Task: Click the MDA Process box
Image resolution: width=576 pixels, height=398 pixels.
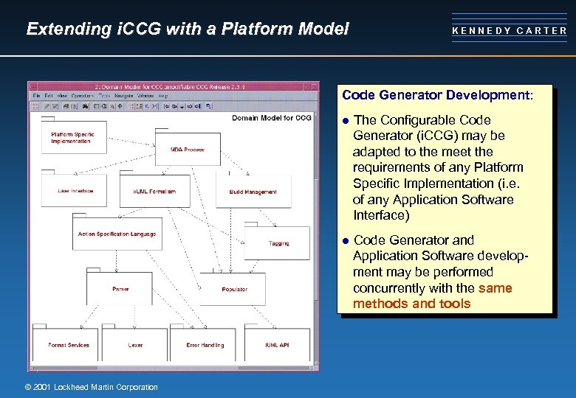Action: (x=188, y=150)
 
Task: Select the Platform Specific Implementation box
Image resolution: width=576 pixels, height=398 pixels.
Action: (x=73, y=138)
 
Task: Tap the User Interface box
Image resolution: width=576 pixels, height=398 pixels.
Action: (x=75, y=191)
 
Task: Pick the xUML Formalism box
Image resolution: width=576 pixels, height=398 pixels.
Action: (x=154, y=192)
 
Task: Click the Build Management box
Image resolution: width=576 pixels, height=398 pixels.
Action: (x=253, y=192)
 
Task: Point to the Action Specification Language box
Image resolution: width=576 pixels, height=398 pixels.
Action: (x=117, y=234)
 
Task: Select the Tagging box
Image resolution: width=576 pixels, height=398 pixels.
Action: (x=278, y=242)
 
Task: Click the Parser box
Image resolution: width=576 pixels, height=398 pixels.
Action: (x=120, y=289)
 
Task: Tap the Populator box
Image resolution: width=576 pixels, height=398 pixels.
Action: (x=234, y=289)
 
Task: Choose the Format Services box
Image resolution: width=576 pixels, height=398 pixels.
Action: (x=68, y=345)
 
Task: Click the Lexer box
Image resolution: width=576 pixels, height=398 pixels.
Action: (x=135, y=345)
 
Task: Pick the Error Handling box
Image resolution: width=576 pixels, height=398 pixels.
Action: (x=204, y=345)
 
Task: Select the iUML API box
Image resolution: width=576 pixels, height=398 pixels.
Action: (x=277, y=345)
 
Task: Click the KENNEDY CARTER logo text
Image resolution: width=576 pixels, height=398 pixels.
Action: (x=510, y=31)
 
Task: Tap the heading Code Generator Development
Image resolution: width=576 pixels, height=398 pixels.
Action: (x=436, y=95)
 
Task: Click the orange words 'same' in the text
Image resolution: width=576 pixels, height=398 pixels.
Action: (x=495, y=288)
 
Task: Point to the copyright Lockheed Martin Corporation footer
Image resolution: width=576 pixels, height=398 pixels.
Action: (x=91, y=387)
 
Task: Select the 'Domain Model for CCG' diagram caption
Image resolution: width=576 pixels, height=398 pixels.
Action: (x=271, y=118)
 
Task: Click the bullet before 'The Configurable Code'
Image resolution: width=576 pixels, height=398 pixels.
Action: (x=344, y=120)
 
